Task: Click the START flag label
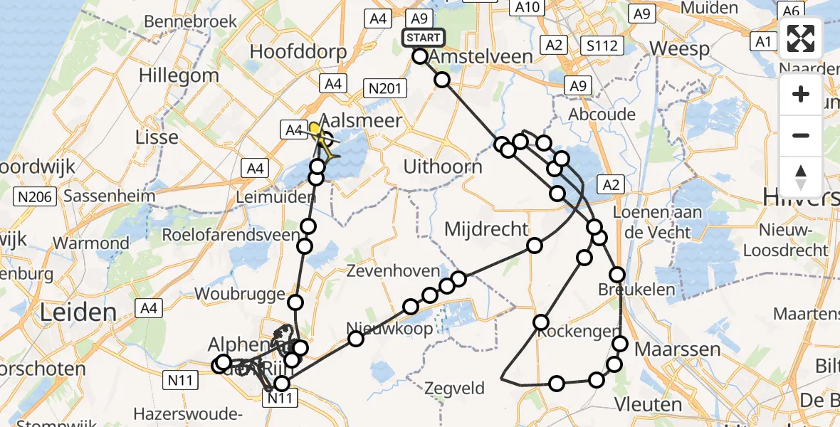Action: [424, 38]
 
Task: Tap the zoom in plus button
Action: [801, 94]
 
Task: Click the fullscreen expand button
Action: [801, 38]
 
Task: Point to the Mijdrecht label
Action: [486, 229]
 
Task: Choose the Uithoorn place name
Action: [443, 167]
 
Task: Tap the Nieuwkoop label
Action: [389, 329]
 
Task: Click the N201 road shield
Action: [384, 88]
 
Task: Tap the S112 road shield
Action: [602, 47]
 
